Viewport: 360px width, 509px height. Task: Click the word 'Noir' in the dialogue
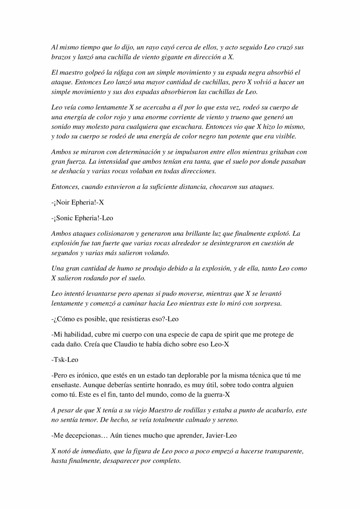coord(63,202)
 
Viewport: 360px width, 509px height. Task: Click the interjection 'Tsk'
coord(58,360)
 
